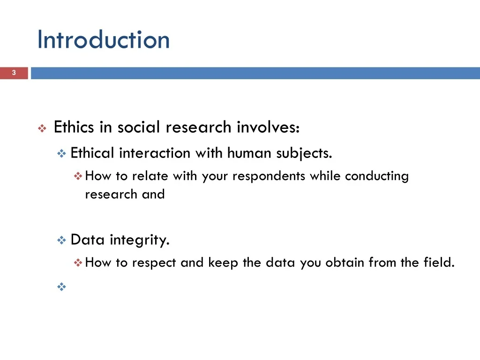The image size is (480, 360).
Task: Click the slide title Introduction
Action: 103,39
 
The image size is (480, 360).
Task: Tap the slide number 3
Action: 14,73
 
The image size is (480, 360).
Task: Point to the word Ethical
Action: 92,153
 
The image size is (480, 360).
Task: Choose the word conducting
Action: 377,177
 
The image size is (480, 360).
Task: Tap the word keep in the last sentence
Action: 223,263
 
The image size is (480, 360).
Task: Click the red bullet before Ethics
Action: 41,128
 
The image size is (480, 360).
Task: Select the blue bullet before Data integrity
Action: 61,241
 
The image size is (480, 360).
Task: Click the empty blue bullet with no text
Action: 61,287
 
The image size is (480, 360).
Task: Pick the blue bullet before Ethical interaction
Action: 61,154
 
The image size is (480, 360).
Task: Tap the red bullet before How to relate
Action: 78,177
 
